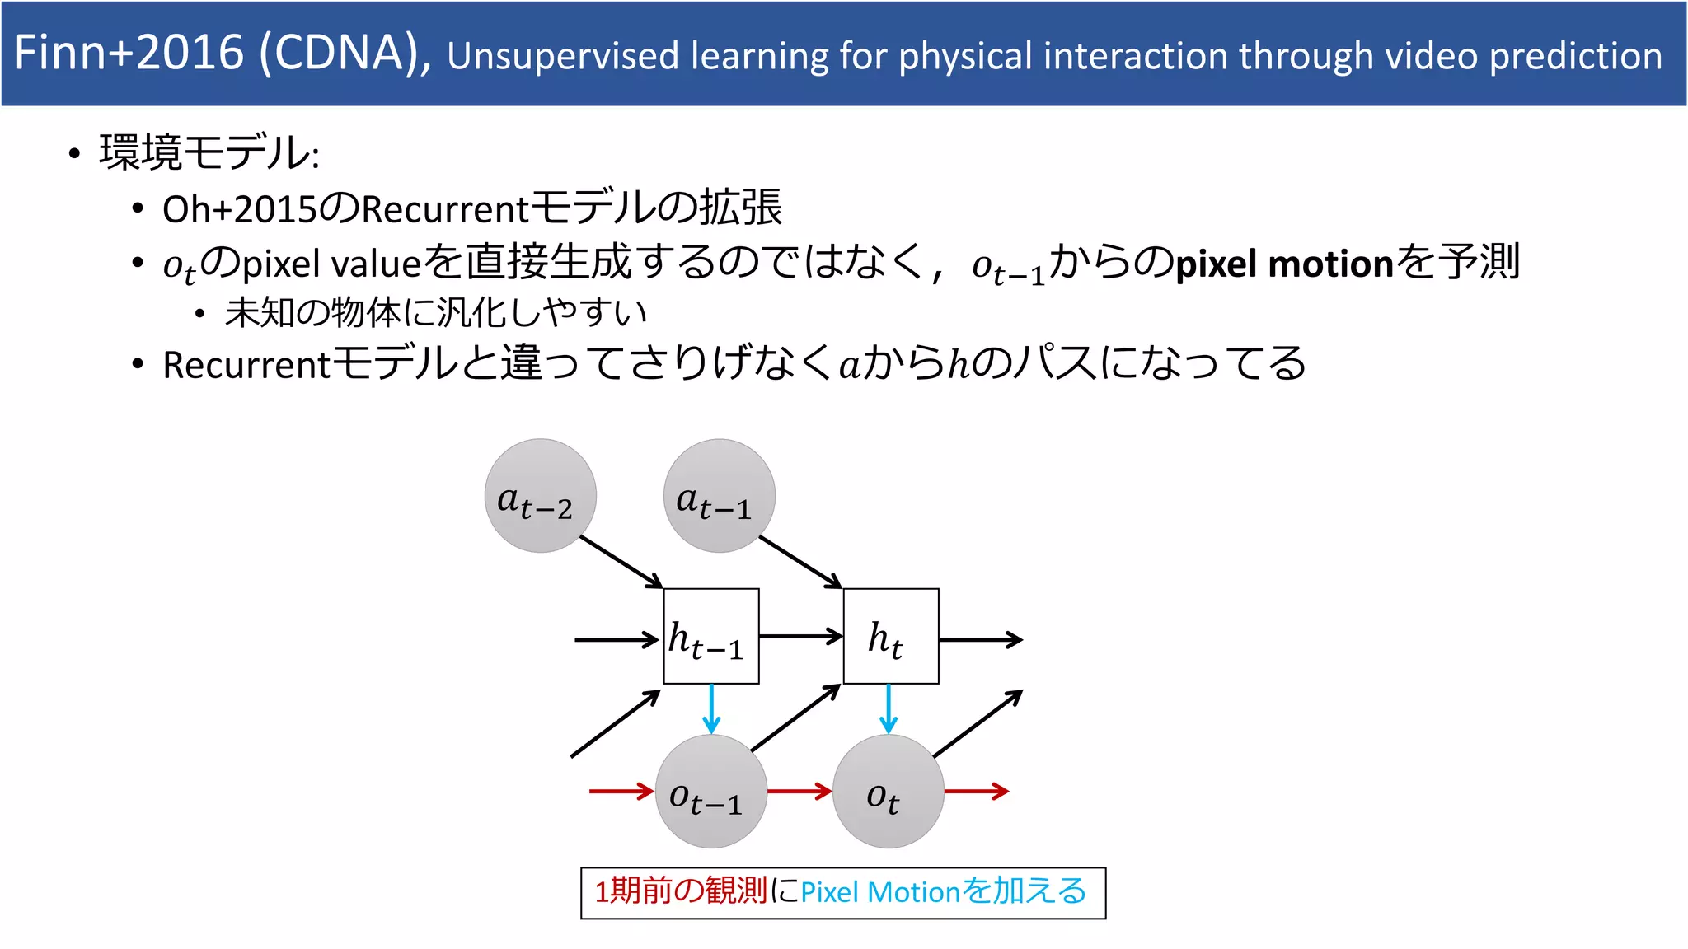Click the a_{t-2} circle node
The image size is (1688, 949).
pos(540,495)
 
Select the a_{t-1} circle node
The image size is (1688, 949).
pos(719,495)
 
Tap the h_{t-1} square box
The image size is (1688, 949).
pos(711,636)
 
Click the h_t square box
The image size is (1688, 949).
pos(891,636)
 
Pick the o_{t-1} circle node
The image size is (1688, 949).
pos(710,792)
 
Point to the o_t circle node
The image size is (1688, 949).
pos(888,792)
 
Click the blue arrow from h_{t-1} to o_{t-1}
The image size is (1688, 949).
pos(711,708)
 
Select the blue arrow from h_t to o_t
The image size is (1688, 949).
pos(889,708)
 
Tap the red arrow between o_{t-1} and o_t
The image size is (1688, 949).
pos(799,792)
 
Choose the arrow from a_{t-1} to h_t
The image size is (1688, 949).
pos(799,562)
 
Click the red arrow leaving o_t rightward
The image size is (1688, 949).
pos(977,792)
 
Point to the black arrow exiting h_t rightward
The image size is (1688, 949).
pos(981,639)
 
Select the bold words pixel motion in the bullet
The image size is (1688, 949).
pos(1284,264)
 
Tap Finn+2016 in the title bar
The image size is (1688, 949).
pos(129,53)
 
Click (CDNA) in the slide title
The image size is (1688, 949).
pos(345,53)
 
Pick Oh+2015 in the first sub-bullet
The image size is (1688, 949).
pos(239,209)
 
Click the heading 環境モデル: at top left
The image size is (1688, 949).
pos(209,153)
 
